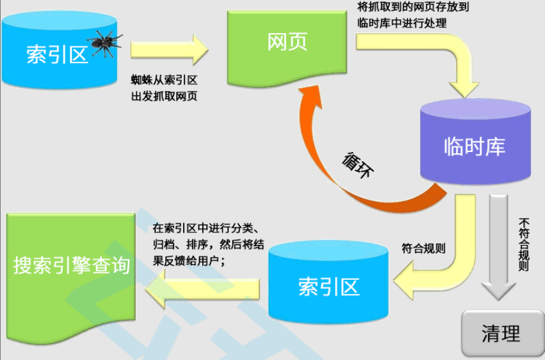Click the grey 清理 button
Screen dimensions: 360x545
click(501, 333)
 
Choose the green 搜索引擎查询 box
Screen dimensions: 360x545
click(71, 267)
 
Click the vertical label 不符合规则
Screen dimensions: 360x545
click(524, 246)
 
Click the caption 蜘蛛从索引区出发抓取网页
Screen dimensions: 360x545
click(165, 88)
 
